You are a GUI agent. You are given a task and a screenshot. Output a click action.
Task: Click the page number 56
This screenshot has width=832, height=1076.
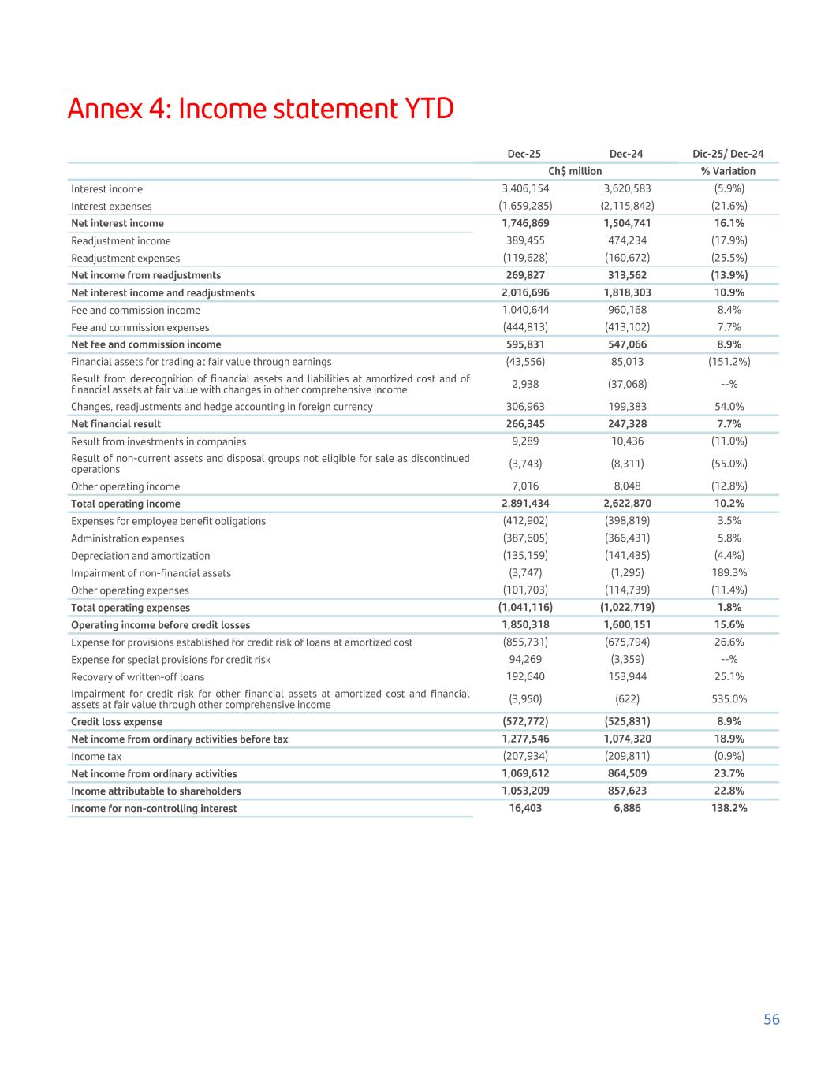click(x=770, y=1019)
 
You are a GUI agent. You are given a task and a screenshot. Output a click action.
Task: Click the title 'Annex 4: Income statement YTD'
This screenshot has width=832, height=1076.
click(x=260, y=109)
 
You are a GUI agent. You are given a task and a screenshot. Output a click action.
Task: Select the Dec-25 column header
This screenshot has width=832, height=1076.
click(x=524, y=154)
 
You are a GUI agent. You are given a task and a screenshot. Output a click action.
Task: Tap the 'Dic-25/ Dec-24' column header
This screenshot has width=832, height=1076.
click(x=728, y=154)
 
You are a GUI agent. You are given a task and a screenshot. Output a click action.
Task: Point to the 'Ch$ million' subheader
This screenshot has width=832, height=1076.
click(x=575, y=171)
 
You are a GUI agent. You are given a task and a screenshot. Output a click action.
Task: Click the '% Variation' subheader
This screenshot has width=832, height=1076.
click(x=728, y=171)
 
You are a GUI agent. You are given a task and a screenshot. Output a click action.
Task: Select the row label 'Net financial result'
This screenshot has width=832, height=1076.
click(x=116, y=424)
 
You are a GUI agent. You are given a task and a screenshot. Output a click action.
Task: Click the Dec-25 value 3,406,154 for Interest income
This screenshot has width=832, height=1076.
click(x=525, y=188)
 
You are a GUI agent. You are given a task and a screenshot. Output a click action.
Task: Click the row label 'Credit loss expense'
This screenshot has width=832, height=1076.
click(x=117, y=722)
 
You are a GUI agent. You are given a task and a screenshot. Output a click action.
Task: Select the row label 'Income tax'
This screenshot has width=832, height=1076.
click(x=95, y=757)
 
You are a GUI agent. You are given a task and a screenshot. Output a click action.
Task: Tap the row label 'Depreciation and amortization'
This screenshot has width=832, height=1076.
click(x=140, y=556)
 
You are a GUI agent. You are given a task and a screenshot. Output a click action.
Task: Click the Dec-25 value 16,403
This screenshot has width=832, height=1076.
click(x=525, y=808)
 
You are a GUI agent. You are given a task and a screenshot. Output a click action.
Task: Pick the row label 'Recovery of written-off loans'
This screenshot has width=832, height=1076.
click(x=137, y=677)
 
